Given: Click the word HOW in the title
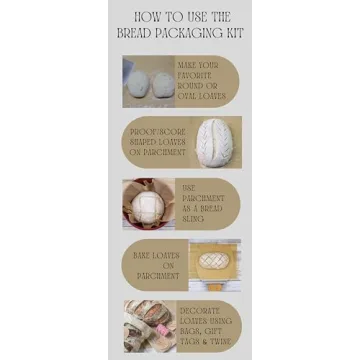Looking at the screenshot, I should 146,17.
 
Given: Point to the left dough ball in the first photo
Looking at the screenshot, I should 139,85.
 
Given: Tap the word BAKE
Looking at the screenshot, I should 144,256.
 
